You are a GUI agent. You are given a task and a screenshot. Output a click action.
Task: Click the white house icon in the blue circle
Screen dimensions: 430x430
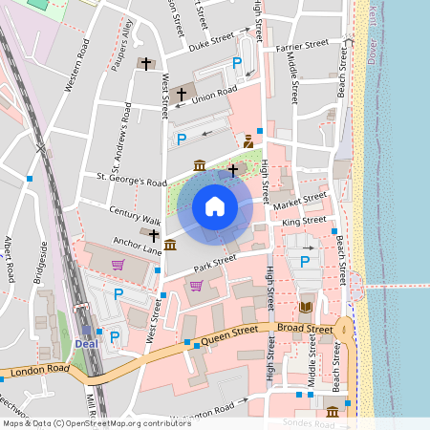pos(215,205)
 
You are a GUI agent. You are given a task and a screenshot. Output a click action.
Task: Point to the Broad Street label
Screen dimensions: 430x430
pos(306,328)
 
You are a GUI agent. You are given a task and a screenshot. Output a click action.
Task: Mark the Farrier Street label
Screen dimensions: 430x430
pos(301,44)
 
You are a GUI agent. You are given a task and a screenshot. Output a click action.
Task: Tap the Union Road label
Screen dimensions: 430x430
pos(213,93)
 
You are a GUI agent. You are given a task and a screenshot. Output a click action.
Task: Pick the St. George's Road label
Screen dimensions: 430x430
pos(125,180)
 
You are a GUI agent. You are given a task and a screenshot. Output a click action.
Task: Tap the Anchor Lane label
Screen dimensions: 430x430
pos(134,245)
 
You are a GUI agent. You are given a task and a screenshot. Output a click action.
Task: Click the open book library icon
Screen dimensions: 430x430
pos(306,307)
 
